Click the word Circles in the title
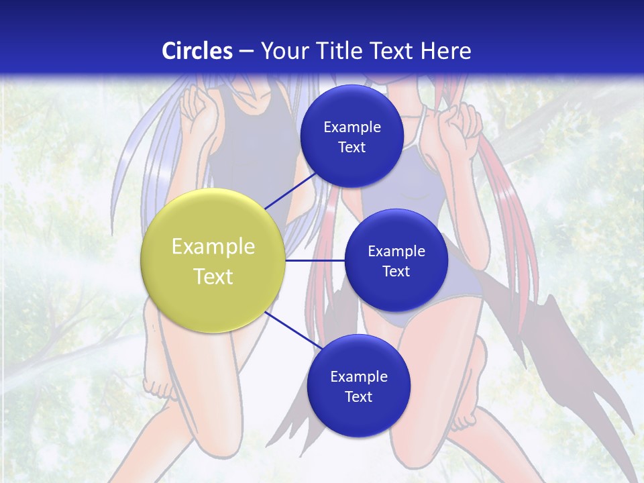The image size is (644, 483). tap(197, 51)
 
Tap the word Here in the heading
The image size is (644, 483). tap(445, 51)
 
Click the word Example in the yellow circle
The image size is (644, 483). tap(213, 246)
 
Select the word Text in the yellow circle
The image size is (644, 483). tap(213, 276)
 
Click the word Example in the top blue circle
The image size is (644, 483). tap(352, 127)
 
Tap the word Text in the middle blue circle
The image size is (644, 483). tap(396, 271)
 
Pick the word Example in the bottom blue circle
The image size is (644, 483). tap(359, 376)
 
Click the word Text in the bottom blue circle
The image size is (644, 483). tap(359, 396)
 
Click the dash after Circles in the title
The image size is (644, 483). tap(246, 51)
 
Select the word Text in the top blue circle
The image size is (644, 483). tap(352, 147)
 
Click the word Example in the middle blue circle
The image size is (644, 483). tap(396, 251)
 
